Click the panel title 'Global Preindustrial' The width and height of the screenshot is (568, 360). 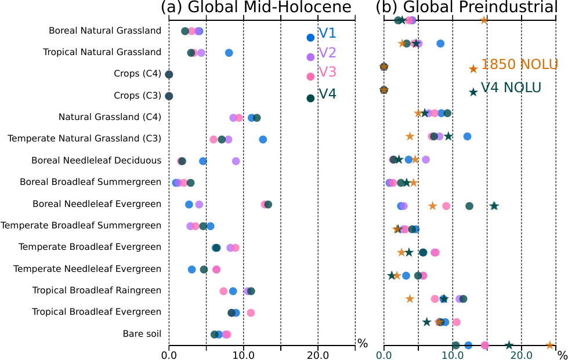tap(466, 8)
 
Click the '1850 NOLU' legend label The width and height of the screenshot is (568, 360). tap(519, 64)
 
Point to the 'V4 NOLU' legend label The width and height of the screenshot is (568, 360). tap(511, 88)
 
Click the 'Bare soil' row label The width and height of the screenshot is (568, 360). tap(142, 333)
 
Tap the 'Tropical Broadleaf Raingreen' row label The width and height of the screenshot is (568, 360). tap(96, 290)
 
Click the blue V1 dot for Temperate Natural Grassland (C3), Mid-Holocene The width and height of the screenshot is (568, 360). tap(263, 139)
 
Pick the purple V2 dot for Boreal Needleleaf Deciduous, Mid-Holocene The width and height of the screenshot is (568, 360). tap(236, 161)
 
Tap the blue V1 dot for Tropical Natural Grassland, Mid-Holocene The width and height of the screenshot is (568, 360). tap(229, 53)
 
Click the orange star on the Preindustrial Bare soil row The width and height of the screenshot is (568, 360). tap(550, 345)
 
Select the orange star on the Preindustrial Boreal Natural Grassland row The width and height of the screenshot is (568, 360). tap(484, 20)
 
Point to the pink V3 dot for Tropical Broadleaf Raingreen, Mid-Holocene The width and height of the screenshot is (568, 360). tap(223, 291)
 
